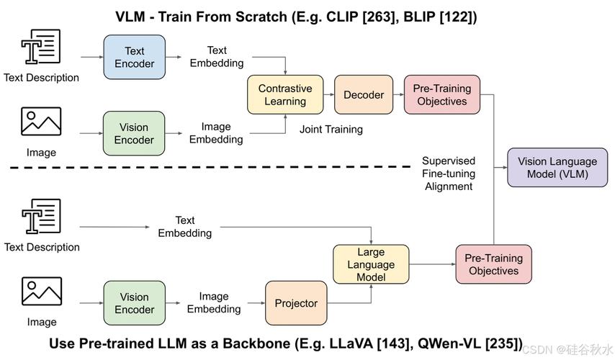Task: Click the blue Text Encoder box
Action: [134, 58]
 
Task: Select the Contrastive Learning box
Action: [285, 95]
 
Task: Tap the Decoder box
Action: [364, 95]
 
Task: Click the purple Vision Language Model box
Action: [557, 168]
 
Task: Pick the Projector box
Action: [296, 303]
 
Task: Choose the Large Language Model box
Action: [371, 264]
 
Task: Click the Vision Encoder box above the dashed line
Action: [134, 133]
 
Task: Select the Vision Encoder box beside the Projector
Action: [134, 303]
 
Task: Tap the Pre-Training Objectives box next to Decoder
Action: [442, 95]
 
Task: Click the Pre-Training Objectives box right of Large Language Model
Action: [494, 264]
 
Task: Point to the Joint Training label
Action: [331, 130]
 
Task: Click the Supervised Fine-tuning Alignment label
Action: [449, 174]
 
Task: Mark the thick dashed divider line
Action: [210, 168]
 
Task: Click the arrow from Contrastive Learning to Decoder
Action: [329, 94]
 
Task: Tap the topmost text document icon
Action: [41, 46]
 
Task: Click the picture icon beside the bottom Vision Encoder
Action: [42, 292]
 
